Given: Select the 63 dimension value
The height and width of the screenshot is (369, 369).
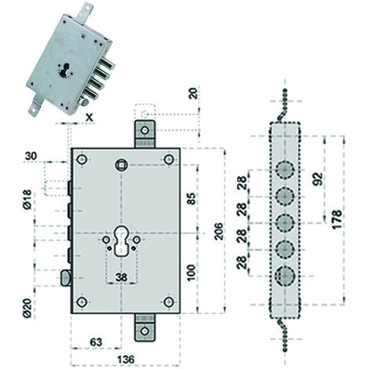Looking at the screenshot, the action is tap(96, 342).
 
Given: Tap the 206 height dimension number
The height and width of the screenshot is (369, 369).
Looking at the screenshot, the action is tap(218, 231).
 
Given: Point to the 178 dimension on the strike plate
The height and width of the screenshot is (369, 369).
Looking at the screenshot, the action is tap(338, 219).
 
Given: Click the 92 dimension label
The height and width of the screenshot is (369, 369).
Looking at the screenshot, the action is tap(318, 179).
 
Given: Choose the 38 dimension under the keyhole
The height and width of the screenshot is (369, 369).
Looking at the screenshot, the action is tap(122, 277).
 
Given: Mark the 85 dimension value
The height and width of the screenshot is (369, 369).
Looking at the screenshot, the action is tap(192, 199).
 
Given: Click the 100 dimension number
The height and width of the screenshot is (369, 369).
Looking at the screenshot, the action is tap(192, 272).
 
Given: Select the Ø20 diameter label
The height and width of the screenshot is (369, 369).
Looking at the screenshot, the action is tap(27, 308).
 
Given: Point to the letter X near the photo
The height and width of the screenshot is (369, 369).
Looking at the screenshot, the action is tap(90, 118).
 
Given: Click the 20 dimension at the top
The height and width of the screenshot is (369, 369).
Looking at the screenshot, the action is tap(194, 93).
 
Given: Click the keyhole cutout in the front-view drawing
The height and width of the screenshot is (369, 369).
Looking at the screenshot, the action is tap(122, 240).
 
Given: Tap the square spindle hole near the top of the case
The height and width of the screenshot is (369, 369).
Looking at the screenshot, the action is tap(122, 165).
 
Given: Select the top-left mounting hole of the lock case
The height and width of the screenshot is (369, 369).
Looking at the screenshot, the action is tap(82, 159).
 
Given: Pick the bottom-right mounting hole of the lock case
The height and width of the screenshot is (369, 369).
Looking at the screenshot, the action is tap(169, 302).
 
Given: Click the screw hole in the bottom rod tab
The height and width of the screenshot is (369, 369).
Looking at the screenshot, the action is tap(144, 331).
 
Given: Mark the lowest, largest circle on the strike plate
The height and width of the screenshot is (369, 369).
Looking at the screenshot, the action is tap(285, 276).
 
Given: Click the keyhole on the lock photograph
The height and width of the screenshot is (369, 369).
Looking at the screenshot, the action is tap(64, 70).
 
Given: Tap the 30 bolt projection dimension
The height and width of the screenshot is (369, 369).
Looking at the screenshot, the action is tap(31, 155).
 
